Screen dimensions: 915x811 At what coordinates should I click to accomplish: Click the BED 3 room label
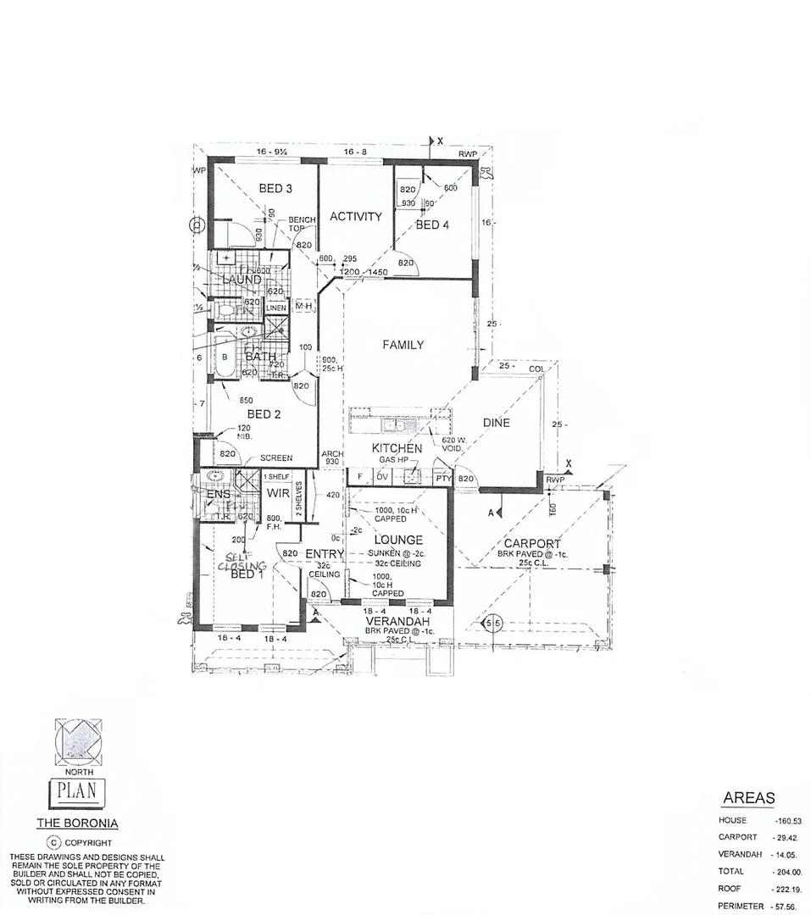coord(275,188)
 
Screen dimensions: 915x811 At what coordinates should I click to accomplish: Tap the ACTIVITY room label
coord(355,217)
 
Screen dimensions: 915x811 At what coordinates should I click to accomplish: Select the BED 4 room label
coord(428,225)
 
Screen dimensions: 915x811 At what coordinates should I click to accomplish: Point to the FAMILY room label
coord(403,345)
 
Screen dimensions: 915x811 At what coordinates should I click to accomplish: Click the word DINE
coord(496,423)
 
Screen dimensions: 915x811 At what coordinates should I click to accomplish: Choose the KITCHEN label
coord(397,447)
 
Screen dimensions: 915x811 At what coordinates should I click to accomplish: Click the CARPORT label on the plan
coord(533,543)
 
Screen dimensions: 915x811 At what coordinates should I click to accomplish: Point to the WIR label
coord(278,493)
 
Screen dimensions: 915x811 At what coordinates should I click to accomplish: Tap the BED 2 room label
coord(264,414)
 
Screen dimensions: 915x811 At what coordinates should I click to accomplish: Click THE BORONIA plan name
coord(77,823)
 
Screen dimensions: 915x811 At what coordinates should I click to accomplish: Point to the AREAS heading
coord(748,798)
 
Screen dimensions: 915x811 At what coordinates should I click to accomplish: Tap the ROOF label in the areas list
coord(730,890)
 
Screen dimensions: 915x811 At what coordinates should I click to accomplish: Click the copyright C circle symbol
coord(53,843)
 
